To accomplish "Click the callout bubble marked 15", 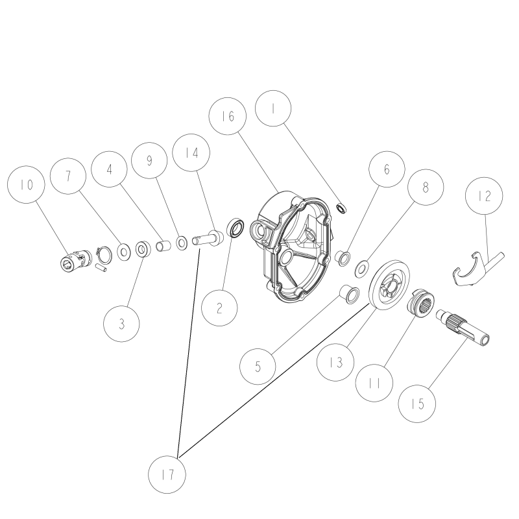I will point(417,402).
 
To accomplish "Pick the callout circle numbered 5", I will point(258,365).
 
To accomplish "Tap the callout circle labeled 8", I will point(425,187).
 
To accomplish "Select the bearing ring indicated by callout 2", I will point(235,228).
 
